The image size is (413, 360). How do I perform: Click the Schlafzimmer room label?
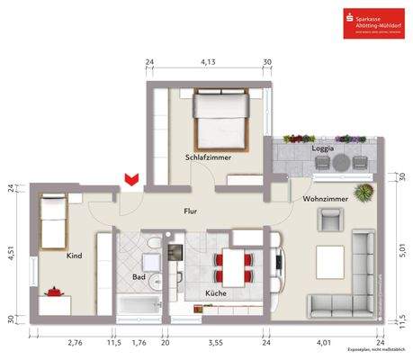[209, 157]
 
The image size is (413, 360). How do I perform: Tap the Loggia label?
[323, 147]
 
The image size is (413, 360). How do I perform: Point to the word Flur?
[190, 212]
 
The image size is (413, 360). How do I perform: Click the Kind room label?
[75, 256]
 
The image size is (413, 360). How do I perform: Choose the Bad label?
[139, 277]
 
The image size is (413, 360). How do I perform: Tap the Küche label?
[215, 293]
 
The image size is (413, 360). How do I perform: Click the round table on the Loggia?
[341, 162]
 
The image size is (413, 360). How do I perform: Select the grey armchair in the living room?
[330, 219]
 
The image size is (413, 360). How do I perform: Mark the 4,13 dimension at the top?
[207, 62]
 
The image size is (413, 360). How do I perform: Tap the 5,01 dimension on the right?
[402, 240]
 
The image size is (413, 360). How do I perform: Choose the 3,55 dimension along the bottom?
[216, 342]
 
